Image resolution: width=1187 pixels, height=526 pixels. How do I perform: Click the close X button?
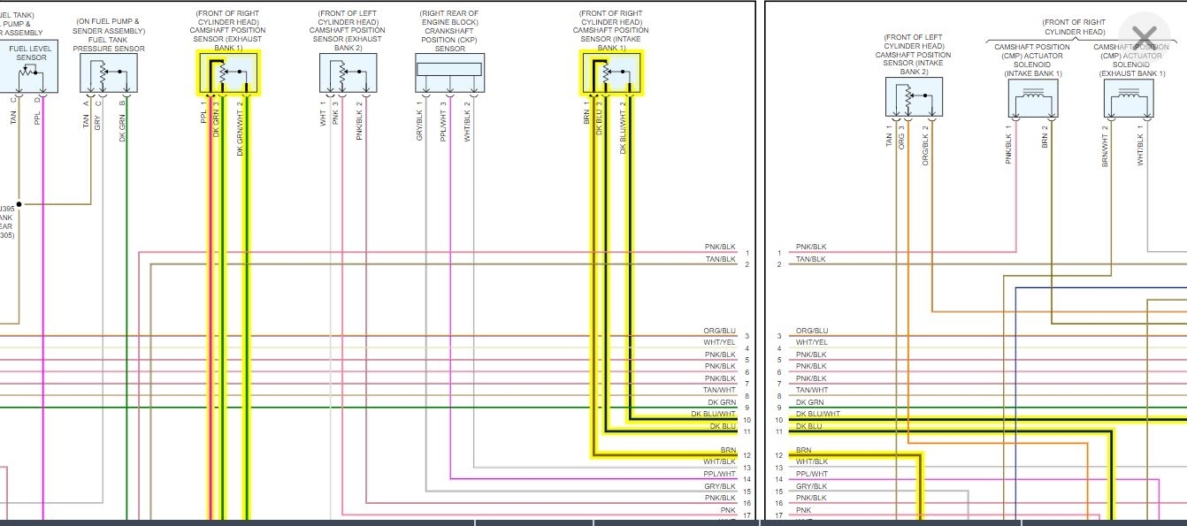tap(1144, 37)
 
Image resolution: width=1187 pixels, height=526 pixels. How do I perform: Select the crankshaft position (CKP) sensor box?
tap(449, 72)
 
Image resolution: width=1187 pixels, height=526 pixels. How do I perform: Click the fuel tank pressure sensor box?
tap(108, 72)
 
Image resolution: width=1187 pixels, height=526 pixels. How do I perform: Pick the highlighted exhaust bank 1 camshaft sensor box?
tap(228, 72)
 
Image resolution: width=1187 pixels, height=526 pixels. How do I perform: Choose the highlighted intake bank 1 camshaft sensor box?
tap(612, 72)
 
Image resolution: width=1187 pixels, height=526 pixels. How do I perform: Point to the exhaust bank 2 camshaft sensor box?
tap(348, 72)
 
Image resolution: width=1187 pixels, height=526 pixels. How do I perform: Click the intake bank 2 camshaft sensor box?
tap(914, 96)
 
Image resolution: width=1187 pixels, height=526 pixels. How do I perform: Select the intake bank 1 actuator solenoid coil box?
tap(1032, 99)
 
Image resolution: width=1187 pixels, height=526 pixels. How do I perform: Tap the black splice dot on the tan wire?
tap(19, 204)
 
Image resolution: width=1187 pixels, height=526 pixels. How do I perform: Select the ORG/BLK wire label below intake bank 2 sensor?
tap(925, 147)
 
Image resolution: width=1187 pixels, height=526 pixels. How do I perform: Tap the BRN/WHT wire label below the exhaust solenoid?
tap(1106, 146)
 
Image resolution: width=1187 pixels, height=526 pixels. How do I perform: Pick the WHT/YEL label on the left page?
tap(719, 343)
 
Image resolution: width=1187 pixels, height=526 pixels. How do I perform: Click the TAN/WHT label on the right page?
tap(812, 390)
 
